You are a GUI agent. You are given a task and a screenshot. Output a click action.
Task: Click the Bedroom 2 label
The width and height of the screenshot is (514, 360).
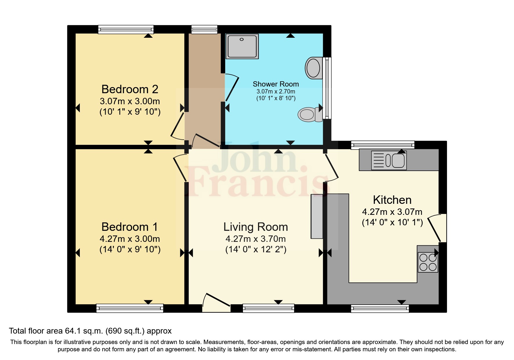click(x=130, y=89)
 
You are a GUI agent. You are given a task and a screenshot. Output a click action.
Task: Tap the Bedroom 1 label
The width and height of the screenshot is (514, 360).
click(x=129, y=227)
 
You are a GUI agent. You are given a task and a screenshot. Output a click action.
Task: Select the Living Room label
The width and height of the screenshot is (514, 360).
click(x=256, y=227)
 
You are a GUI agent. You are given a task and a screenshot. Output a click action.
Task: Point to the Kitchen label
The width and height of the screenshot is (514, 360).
click(x=392, y=200)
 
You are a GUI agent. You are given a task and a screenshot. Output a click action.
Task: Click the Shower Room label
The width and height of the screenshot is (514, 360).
click(x=276, y=84)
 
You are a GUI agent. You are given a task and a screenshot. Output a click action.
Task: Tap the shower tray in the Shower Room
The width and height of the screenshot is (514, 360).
click(x=242, y=46)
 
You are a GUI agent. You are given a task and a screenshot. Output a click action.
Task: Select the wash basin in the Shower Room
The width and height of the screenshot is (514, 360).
click(x=313, y=68)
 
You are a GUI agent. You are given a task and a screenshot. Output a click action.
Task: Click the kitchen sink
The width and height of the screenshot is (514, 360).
click(x=389, y=160)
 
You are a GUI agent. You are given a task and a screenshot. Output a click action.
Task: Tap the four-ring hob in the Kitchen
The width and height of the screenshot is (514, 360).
click(x=428, y=262)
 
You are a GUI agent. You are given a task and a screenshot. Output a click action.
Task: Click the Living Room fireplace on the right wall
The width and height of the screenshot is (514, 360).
click(x=317, y=216)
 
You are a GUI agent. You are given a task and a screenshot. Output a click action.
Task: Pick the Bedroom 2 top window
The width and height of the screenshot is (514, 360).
click(x=126, y=29)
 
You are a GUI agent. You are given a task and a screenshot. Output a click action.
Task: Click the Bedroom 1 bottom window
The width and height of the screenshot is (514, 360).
click(x=130, y=308)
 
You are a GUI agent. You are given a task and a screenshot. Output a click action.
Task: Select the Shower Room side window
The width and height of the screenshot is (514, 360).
click(x=327, y=88)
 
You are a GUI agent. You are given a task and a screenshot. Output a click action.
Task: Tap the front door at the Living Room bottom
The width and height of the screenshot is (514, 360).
click(x=216, y=303)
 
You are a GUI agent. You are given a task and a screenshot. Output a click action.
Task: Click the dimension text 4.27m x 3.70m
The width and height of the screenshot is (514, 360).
click(x=256, y=239)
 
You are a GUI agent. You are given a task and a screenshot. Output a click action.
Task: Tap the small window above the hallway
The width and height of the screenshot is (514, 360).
click(x=204, y=29)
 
